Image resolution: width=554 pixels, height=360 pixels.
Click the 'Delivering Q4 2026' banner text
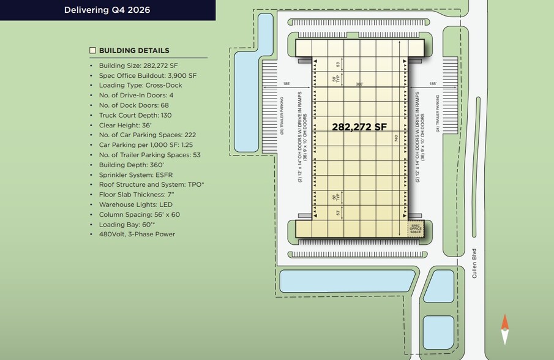tap(107, 10)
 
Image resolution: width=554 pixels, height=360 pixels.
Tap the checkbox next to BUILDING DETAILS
tap(93, 50)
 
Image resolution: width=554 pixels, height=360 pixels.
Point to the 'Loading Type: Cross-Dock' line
tap(140, 85)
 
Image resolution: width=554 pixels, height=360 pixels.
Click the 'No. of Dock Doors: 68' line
tap(133, 105)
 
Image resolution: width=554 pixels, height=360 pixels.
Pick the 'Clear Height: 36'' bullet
tap(125, 125)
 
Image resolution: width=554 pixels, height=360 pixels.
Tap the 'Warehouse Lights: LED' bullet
tap(135, 204)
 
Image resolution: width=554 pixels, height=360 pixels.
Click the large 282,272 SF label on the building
tap(359, 127)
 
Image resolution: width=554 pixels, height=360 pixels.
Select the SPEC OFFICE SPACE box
tap(416, 228)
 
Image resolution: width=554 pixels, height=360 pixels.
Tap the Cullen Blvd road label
tap(474, 263)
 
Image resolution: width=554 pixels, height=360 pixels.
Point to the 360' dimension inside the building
tap(359, 84)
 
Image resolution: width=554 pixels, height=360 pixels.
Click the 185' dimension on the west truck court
tap(286, 84)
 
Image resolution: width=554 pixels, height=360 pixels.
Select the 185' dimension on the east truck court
tap(433, 84)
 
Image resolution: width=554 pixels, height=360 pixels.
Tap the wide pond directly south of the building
tap(346, 281)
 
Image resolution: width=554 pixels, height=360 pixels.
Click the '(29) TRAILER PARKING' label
tap(282, 115)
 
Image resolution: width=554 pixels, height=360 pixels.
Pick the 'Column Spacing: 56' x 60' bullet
tap(139, 214)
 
